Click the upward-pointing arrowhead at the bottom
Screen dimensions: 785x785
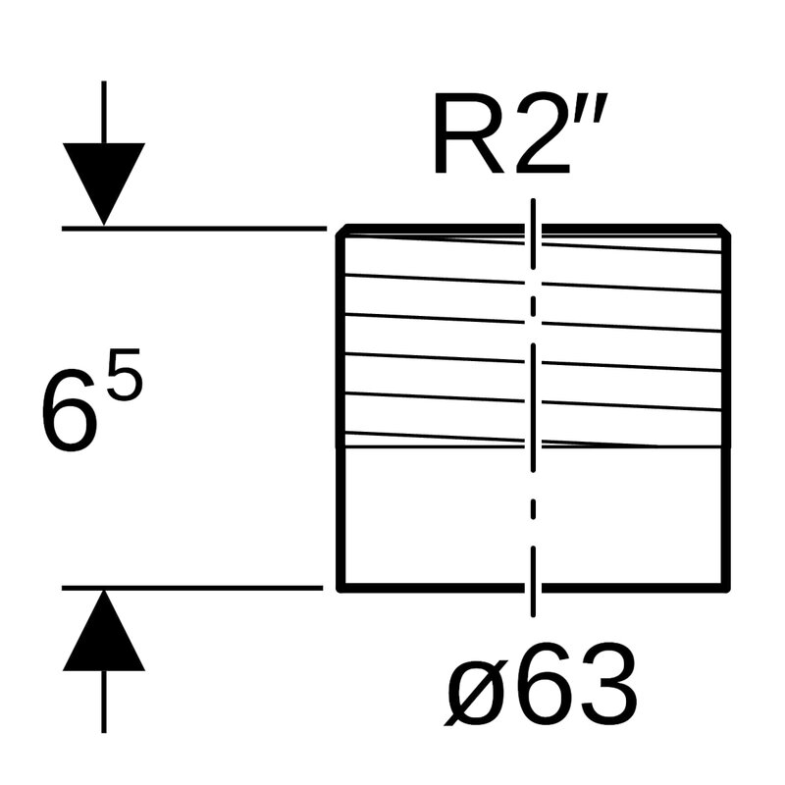coord(104,634)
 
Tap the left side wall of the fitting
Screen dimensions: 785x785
coord(339,412)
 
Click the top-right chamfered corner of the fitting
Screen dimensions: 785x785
coord(727,232)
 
